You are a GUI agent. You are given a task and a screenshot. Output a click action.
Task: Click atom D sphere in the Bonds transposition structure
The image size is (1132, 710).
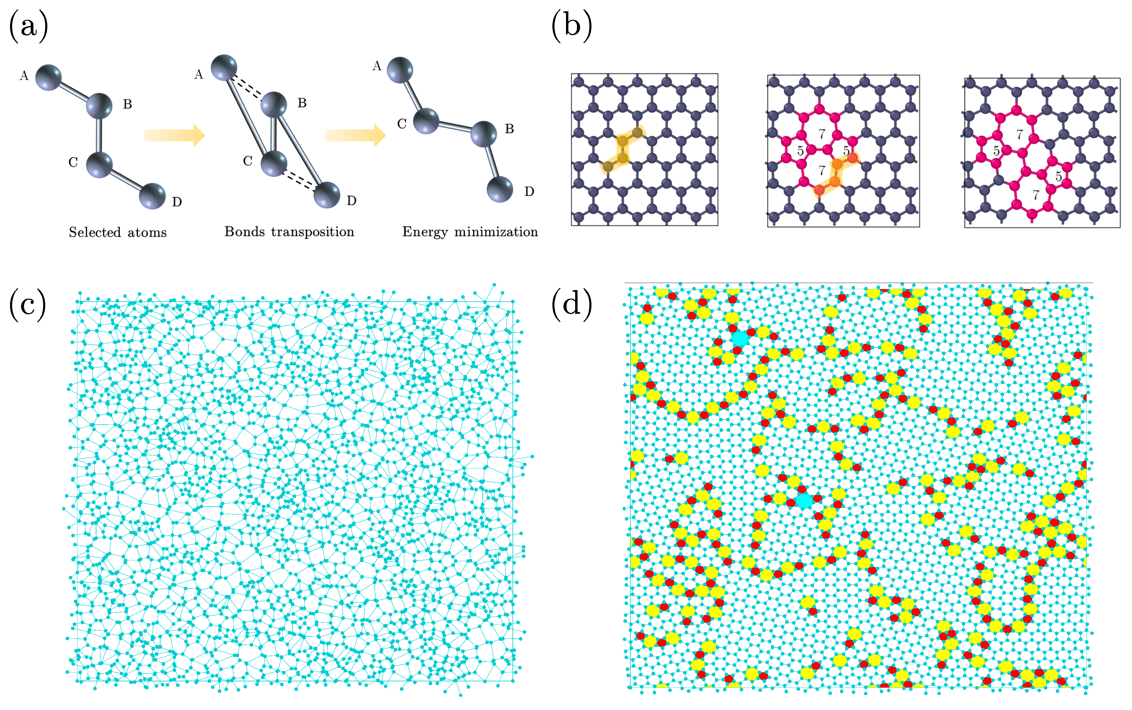coord(327,194)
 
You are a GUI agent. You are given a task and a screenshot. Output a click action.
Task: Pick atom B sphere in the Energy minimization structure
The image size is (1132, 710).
coord(484,134)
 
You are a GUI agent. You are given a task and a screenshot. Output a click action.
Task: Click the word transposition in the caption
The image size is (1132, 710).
coord(312,232)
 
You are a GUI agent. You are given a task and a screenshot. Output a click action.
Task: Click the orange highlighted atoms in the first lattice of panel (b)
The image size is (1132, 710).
coord(623,150)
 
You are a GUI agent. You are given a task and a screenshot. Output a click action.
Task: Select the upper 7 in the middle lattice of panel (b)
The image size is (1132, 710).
coord(821,134)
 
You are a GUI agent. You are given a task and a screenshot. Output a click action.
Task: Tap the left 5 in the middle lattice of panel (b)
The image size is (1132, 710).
coord(800,151)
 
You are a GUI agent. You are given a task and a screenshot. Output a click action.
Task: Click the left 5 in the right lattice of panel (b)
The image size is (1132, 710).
coord(996,151)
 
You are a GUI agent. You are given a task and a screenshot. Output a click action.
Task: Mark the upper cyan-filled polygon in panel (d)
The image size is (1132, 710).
coord(740,338)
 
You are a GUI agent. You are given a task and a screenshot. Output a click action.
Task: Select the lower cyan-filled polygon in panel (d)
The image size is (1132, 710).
coord(805,501)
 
